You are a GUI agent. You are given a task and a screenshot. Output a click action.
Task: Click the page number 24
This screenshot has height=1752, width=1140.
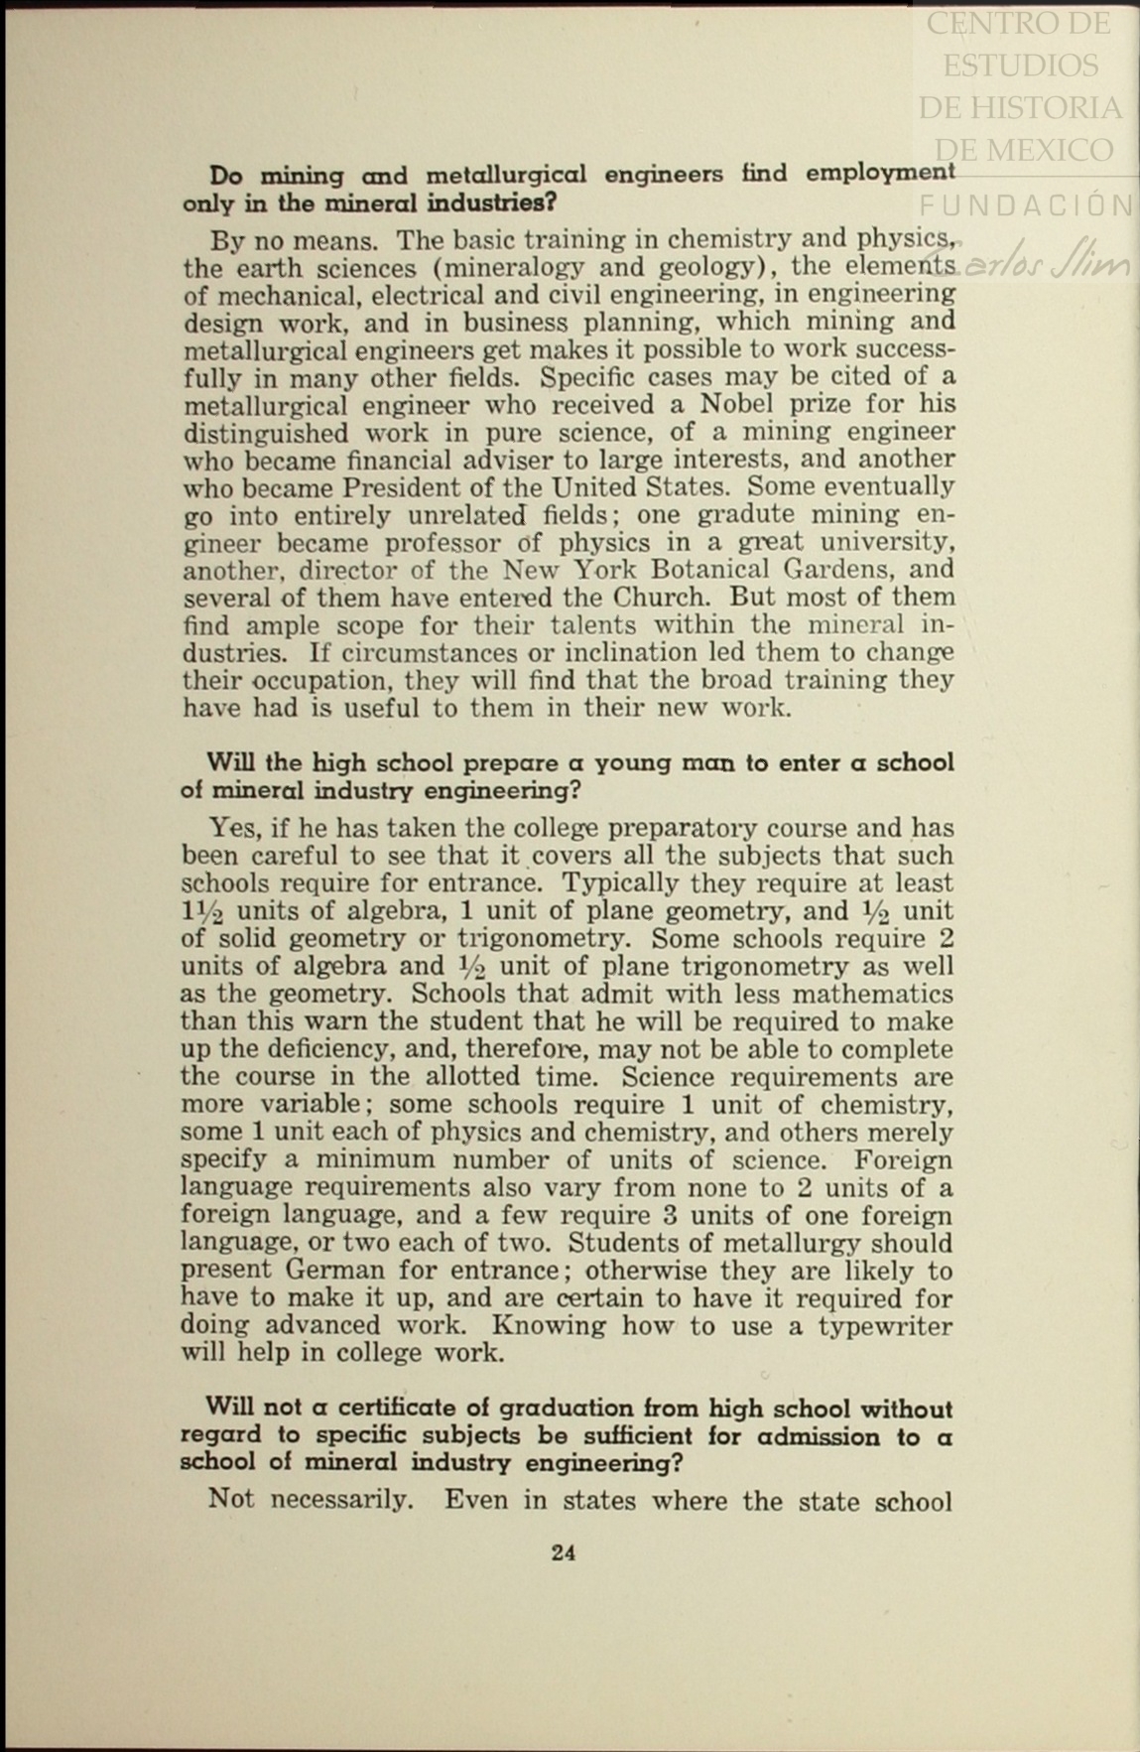563,1552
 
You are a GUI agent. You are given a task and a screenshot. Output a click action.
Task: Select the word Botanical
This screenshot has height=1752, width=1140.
706,570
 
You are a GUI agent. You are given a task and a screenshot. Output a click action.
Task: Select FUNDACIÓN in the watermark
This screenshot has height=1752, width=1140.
1026,205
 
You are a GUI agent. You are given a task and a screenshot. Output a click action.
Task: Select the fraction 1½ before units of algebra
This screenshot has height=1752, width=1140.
202,912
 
